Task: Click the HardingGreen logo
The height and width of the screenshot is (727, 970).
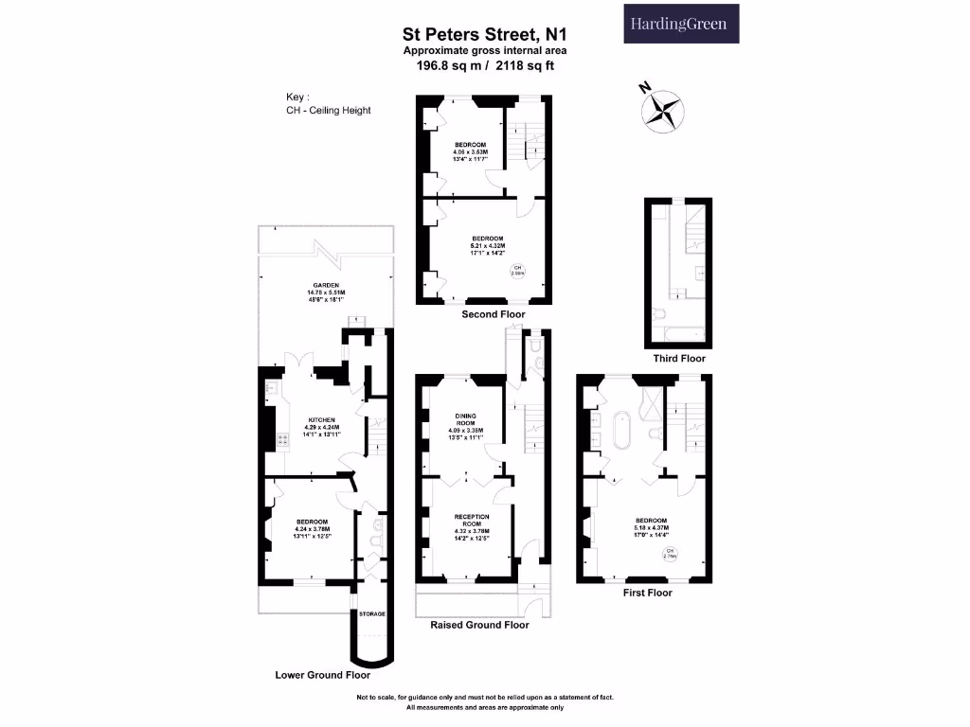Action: [x=680, y=24]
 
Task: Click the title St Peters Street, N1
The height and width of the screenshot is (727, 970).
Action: [x=484, y=35]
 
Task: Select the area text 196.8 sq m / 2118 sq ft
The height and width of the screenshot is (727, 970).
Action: [x=484, y=65]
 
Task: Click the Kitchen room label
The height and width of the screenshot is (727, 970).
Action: [x=322, y=425]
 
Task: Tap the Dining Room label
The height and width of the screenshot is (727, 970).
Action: [x=465, y=422]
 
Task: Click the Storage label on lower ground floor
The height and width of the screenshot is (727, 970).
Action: [x=371, y=614]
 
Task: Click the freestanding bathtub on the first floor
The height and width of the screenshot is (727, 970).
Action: [x=623, y=431]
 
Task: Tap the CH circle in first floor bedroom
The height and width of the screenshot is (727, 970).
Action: [x=670, y=554]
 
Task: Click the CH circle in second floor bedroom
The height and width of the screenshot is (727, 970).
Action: [x=518, y=271]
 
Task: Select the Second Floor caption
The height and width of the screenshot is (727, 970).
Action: [x=493, y=314]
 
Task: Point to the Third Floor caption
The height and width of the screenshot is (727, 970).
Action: [x=679, y=359]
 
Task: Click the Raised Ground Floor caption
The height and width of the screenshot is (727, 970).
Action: [x=479, y=625]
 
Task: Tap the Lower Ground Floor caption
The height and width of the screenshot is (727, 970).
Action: [x=322, y=676]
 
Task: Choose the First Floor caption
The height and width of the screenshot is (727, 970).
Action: [x=647, y=593]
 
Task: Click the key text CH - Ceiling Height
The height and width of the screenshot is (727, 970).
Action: [x=329, y=111]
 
